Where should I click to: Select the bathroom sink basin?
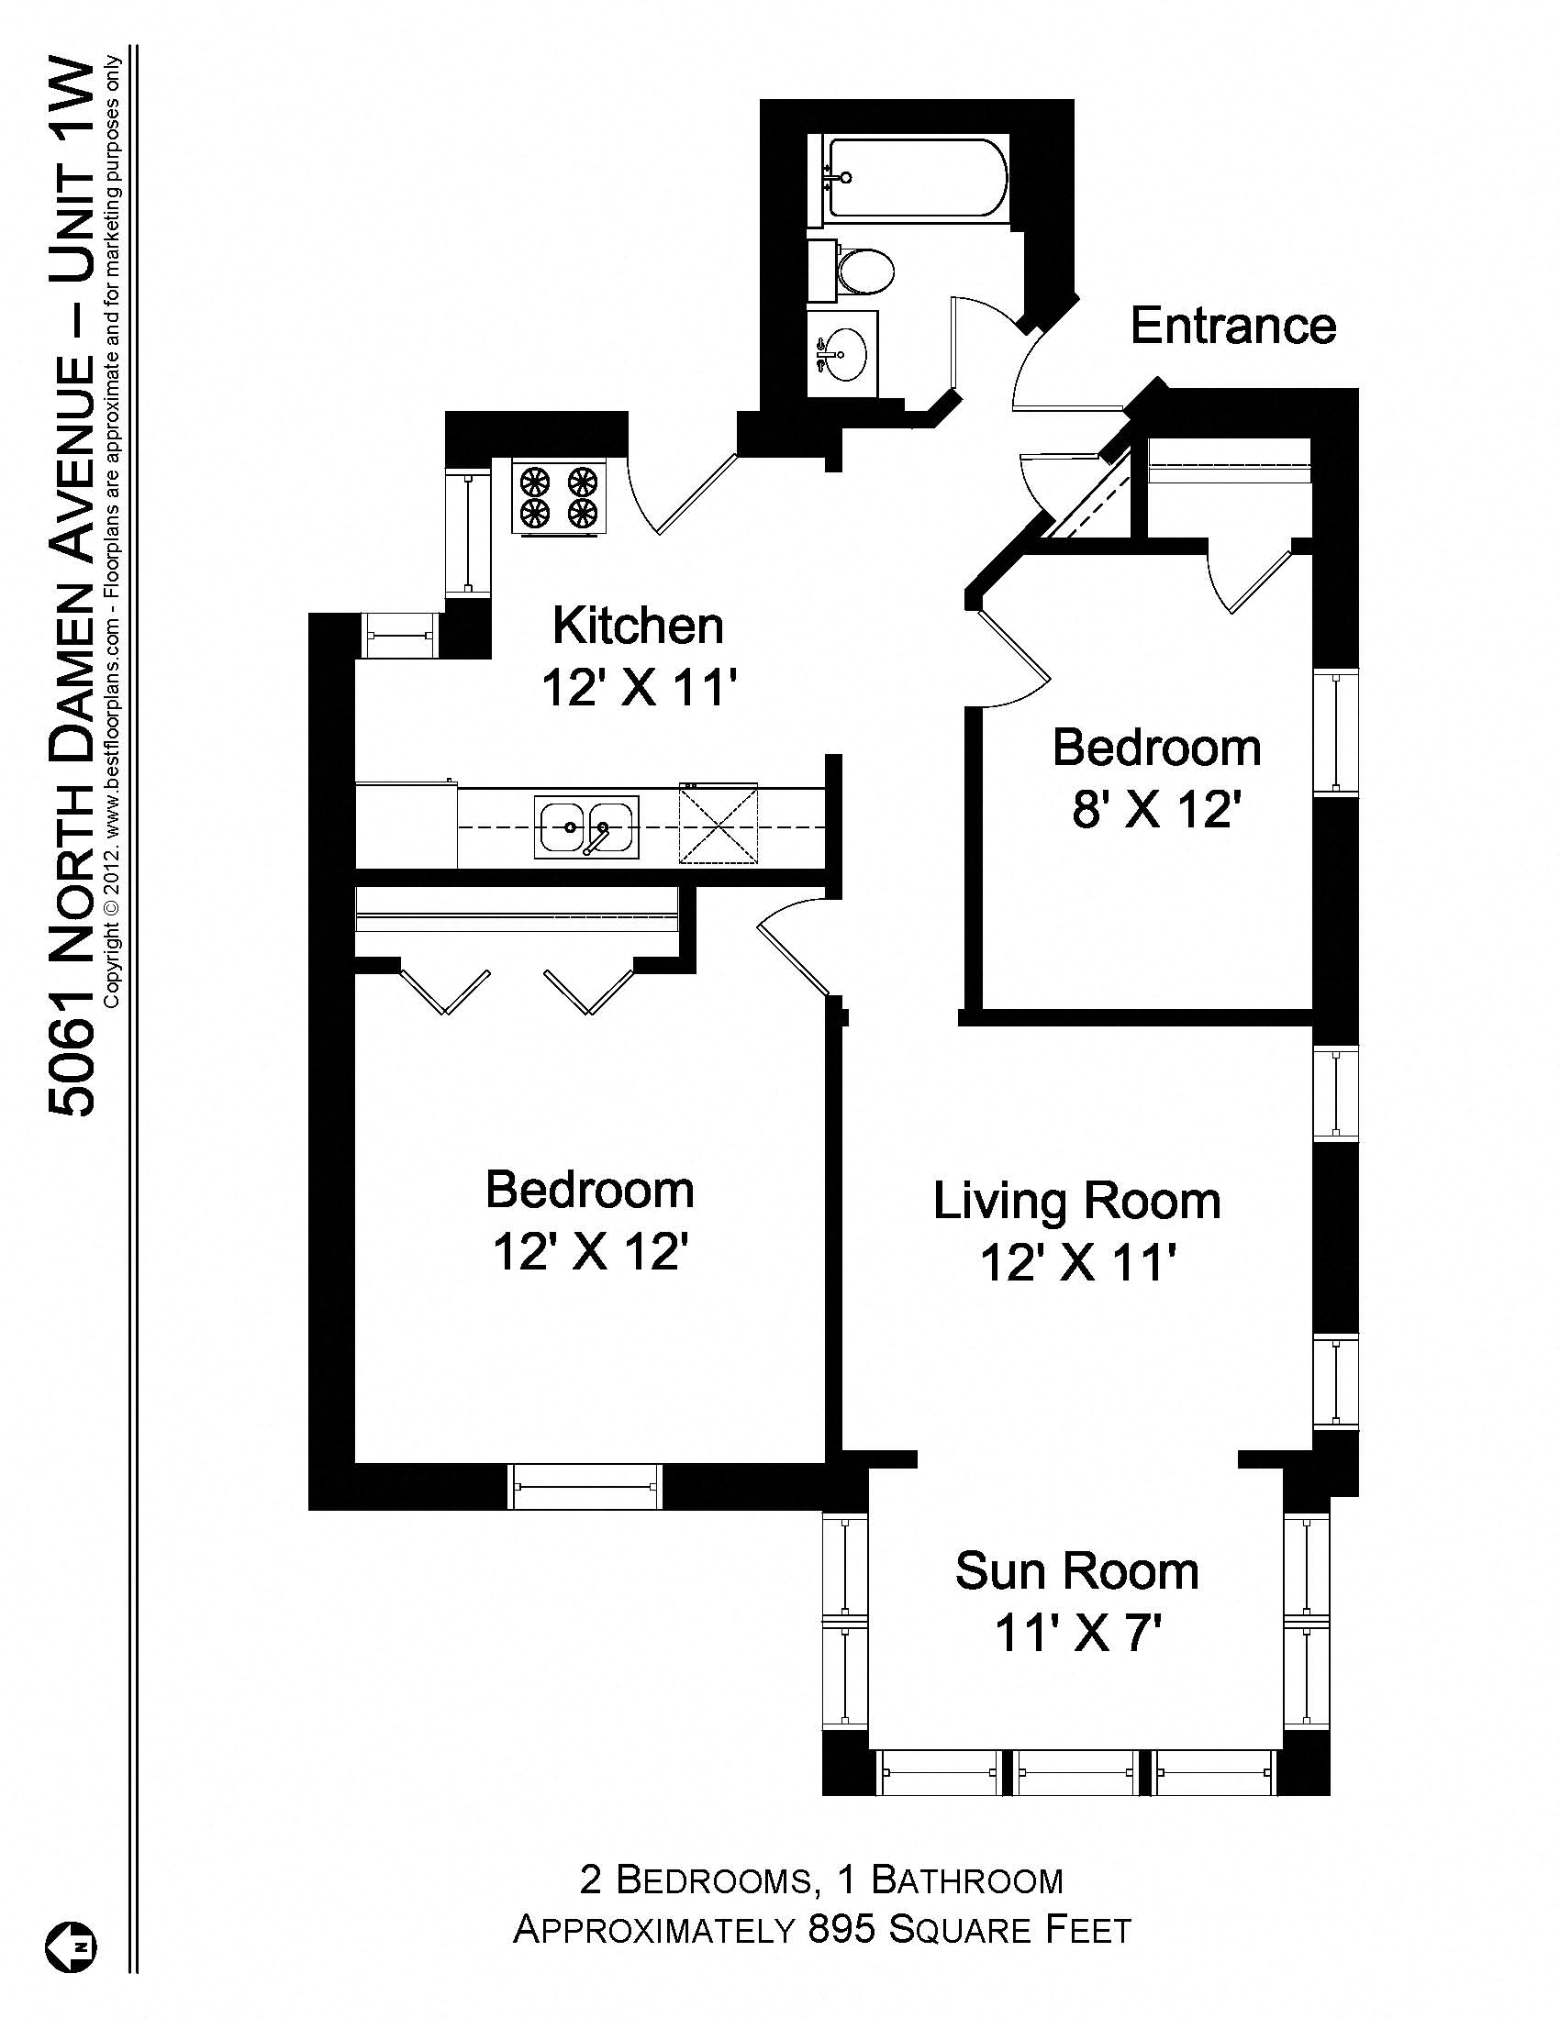[843, 355]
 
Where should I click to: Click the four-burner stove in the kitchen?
[559, 496]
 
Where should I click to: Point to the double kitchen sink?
[586, 827]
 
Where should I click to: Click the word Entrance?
[1232, 327]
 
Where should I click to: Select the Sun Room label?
[1076, 1571]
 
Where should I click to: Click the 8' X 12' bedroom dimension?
[1155, 810]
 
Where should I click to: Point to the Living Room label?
[1076, 1202]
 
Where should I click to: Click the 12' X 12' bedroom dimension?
[590, 1253]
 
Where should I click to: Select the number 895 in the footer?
[841, 1929]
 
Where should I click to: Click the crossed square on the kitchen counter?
[719, 824]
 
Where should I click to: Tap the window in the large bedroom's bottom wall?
[587, 1487]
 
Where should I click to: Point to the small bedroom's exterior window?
[1336, 731]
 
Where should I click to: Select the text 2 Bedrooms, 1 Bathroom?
[821, 1879]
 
